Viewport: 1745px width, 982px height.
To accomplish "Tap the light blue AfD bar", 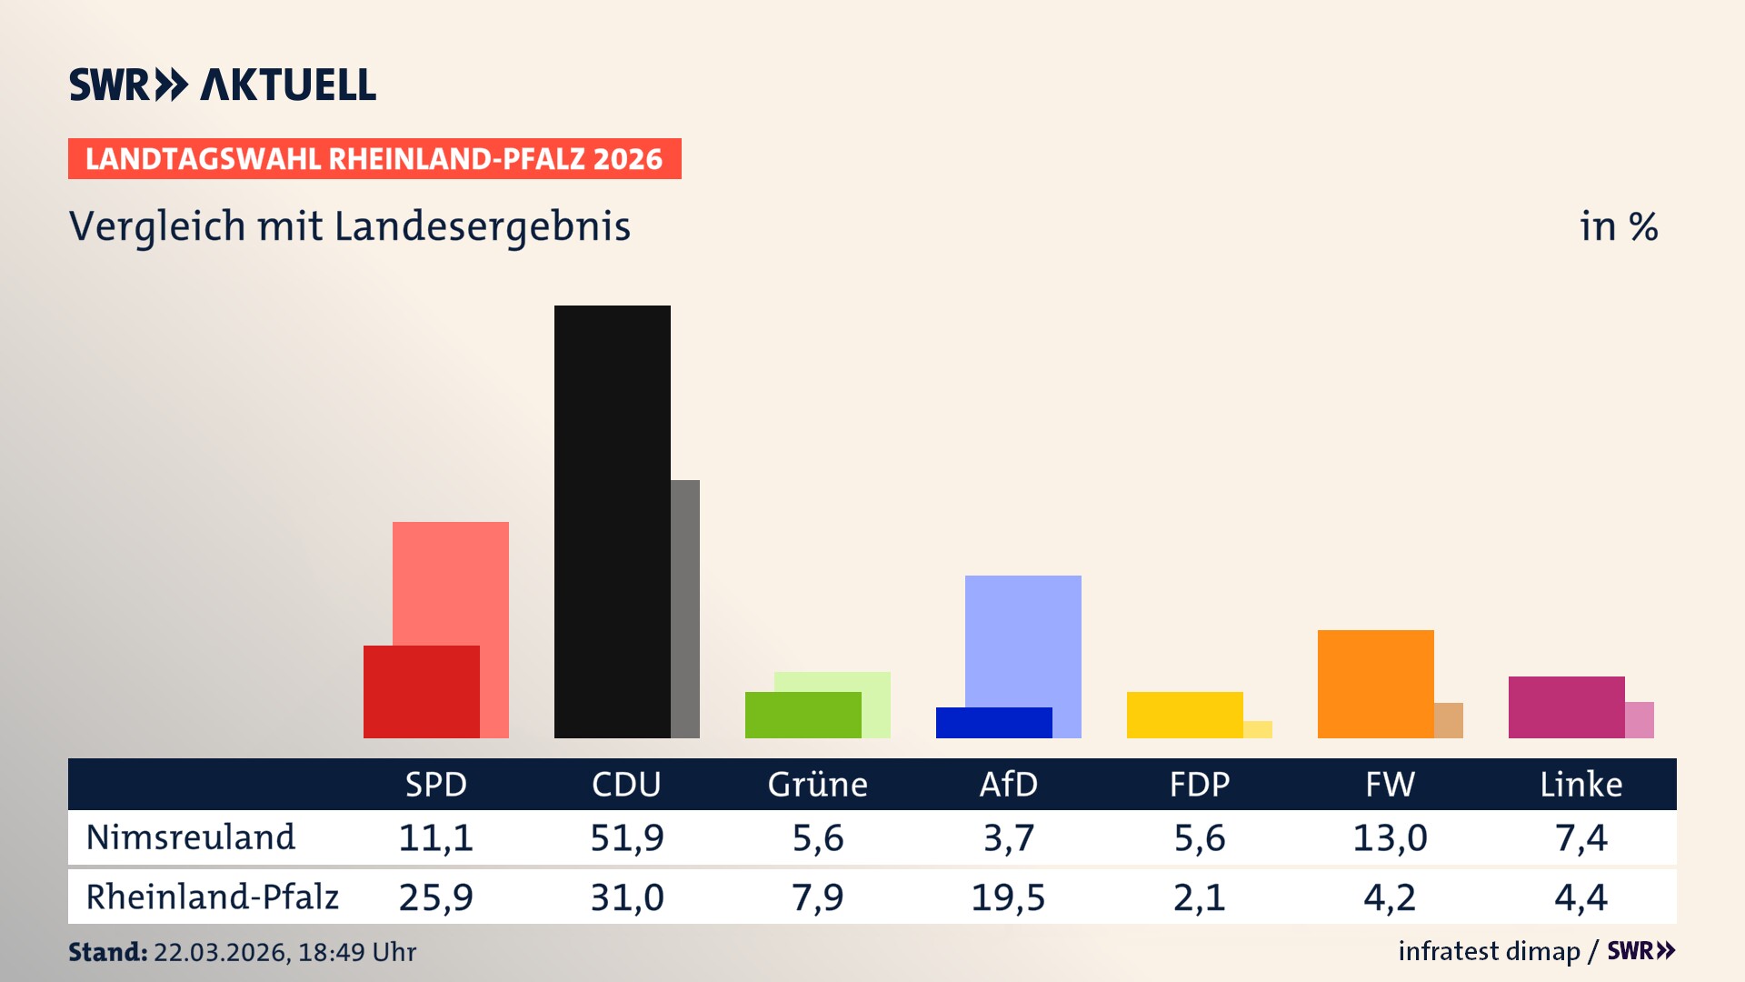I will pos(1022,636).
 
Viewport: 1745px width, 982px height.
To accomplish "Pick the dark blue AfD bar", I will pos(993,723).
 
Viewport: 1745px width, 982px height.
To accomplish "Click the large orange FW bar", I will pos(1375,683).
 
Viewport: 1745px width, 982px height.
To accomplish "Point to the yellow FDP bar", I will pos(1184,715).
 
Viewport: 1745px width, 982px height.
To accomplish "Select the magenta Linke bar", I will pos(1566,706).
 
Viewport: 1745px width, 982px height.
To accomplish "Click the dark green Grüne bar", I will pos(803,715).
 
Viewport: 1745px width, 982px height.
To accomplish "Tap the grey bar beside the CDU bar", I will pos(685,608).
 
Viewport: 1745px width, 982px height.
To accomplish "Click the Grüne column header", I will pos(817,784).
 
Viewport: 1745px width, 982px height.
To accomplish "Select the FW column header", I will pos(1390,784).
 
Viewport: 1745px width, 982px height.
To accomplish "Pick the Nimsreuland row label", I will pos(191,837).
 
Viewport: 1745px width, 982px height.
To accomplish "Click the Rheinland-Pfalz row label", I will pos(212,897).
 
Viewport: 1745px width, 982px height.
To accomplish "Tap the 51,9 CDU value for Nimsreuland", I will pos(627,837).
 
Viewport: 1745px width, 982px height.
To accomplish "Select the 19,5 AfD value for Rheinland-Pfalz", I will pos(1008,897).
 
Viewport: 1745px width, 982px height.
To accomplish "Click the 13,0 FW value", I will pos(1390,837).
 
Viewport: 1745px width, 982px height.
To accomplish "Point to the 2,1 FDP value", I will pos(1199,897).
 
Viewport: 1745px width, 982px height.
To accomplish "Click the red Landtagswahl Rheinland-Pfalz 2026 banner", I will pos(374,159).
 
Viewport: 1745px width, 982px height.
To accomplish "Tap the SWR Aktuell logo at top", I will pos(223,85).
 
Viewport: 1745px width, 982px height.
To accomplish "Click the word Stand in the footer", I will pos(107,952).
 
